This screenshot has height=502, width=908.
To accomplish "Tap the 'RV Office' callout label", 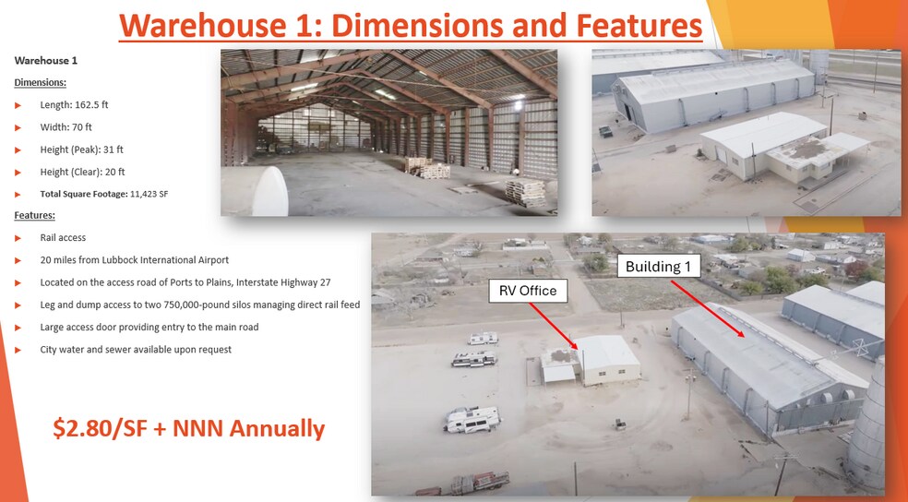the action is point(528,291).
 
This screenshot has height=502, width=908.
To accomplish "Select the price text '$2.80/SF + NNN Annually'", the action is point(189,428).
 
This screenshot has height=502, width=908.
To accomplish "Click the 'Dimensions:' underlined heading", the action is point(40,83).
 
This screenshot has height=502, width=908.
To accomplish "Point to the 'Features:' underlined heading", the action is point(35,215).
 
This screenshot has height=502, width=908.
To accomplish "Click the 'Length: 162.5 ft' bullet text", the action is point(74,105).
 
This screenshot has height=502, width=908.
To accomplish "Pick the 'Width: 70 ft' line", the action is point(66,127).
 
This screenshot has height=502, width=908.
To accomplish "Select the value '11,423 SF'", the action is point(149,194).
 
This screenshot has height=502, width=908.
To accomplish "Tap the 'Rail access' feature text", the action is point(63,237).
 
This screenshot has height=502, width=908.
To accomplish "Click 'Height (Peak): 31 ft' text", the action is point(81,149).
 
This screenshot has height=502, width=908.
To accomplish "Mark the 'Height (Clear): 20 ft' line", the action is point(82,172).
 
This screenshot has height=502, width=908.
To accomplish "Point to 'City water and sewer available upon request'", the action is point(136,350).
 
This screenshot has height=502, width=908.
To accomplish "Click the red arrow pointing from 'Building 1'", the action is point(708,308).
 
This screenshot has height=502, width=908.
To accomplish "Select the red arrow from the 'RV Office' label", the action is point(553,326).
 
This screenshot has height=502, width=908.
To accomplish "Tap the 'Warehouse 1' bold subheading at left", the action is point(46,60).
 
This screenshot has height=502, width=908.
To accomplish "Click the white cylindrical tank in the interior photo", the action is point(254,191).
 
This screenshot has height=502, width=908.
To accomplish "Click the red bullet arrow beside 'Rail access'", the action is point(18,238).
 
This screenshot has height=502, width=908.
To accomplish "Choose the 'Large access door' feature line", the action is point(149,328).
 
